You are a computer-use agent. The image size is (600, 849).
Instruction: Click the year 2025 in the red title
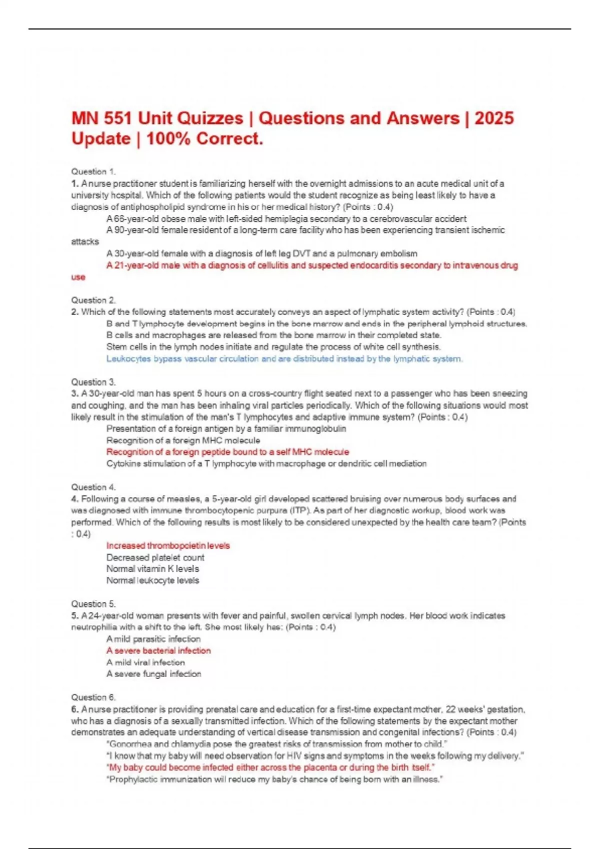494,118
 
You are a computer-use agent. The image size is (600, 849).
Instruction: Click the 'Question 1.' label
93,171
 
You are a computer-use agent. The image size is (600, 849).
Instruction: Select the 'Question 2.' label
93,300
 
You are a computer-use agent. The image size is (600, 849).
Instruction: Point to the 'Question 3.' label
93,382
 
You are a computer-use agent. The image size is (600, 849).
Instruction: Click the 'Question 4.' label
93,487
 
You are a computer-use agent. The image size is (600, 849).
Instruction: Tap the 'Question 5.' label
93,604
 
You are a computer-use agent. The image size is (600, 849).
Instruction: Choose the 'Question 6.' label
93,697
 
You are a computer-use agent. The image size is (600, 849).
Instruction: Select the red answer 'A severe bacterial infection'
158,651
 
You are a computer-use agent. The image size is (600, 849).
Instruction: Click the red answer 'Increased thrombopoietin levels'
168,545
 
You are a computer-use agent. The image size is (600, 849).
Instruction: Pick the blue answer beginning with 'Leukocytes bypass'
284,359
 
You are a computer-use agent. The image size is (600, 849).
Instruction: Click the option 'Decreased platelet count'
155,557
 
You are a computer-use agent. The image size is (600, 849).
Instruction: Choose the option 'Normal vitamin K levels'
152,569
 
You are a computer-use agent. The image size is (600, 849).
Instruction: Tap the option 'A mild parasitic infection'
153,639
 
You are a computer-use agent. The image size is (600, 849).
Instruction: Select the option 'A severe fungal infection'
153,674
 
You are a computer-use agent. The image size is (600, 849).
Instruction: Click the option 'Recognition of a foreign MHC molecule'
183,440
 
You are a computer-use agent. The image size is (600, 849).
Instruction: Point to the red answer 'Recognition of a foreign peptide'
227,452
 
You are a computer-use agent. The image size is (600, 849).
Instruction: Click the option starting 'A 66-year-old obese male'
286,219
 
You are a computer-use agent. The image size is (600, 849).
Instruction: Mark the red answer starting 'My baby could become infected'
270,767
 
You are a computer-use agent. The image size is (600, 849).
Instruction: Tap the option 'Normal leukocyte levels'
152,580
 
